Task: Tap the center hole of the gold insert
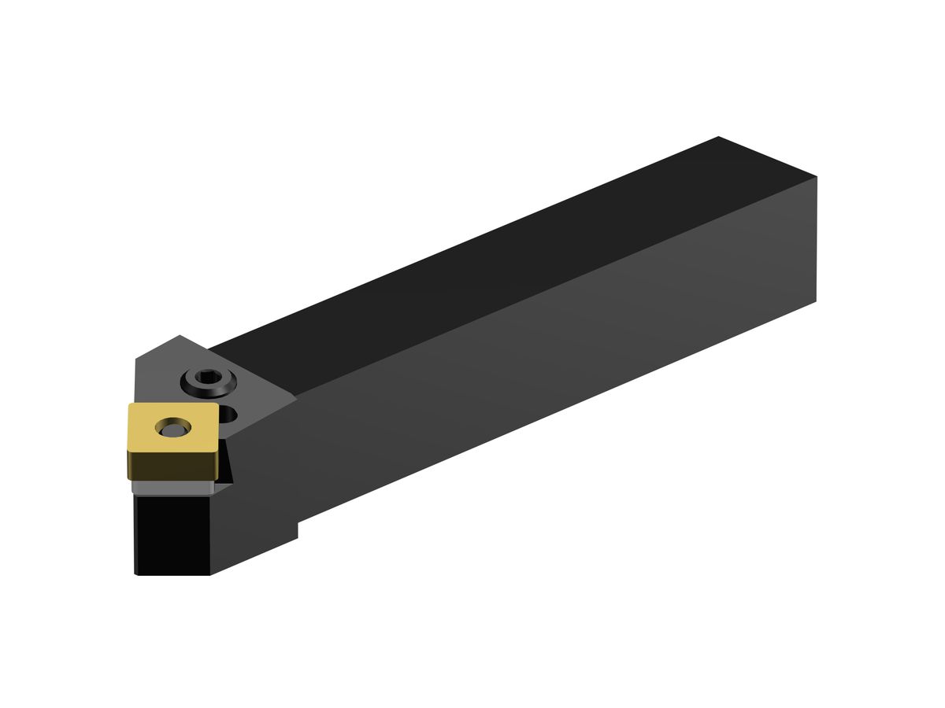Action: point(173,427)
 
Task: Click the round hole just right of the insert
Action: point(228,412)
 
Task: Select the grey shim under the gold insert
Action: point(169,489)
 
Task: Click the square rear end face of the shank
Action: point(816,236)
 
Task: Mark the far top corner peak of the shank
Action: point(718,137)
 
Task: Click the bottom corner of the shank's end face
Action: point(816,301)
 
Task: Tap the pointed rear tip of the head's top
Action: point(180,336)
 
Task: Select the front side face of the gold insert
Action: point(173,464)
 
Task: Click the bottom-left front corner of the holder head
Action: point(135,574)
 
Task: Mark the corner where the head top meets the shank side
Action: point(296,398)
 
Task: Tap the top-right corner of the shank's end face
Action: point(817,176)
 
